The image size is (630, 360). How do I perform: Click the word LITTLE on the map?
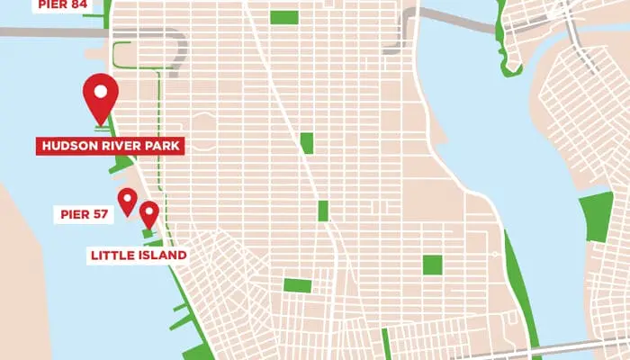[112, 256]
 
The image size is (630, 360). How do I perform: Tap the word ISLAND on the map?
[161, 256]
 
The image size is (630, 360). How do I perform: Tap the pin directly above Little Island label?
[148, 213]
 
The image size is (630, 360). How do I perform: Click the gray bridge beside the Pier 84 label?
[45, 31]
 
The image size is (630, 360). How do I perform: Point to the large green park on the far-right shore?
[596, 217]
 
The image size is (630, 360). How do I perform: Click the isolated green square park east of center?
[432, 265]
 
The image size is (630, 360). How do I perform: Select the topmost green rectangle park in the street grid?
[283, 17]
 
